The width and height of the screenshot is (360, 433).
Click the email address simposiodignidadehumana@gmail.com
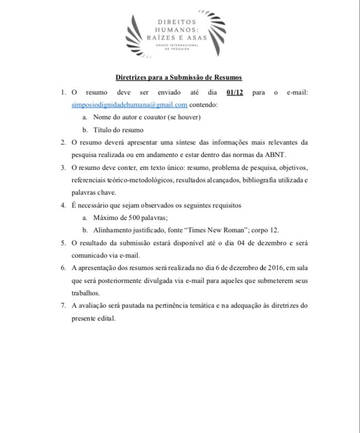[129, 105]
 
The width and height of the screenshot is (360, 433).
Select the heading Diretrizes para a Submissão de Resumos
[179, 77]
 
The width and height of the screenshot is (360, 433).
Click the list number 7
[63, 305]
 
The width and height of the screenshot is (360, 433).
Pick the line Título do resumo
[118, 130]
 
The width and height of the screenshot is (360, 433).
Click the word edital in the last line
[105, 318]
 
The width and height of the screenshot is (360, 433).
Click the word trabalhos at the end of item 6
[86, 293]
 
